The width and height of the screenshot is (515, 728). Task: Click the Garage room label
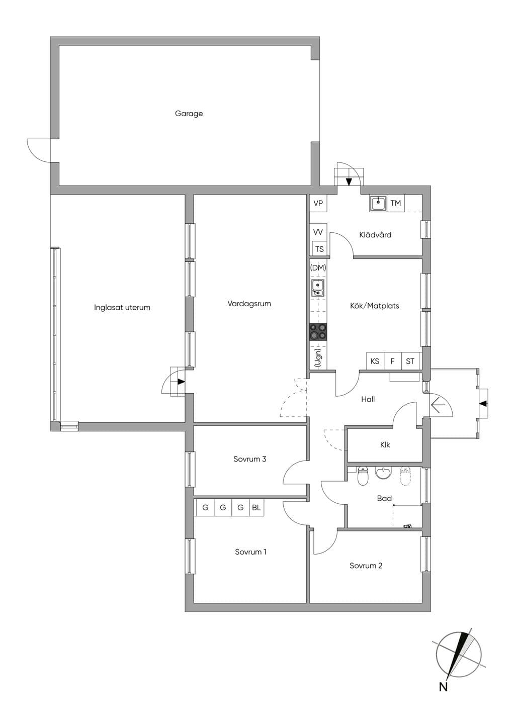(189, 114)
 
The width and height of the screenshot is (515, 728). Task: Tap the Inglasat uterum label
(122, 308)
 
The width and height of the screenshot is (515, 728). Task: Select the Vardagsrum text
(249, 304)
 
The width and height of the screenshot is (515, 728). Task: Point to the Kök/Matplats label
(374, 306)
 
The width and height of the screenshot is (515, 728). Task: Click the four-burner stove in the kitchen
(318, 332)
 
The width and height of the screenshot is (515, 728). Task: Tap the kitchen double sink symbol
(318, 288)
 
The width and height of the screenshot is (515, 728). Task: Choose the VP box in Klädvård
(318, 203)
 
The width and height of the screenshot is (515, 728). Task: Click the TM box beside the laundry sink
(395, 203)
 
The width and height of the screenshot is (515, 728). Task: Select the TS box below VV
(319, 249)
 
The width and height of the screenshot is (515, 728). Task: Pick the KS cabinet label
(375, 361)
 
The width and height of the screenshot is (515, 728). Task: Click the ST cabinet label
(410, 361)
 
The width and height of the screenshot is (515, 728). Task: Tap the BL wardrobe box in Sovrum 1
(256, 507)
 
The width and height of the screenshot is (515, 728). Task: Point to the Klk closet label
(385, 445)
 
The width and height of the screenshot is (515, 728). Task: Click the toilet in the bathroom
(362, 477)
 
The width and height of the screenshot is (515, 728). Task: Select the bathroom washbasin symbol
(384, 473)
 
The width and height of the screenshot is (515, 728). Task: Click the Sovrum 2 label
(366, 566)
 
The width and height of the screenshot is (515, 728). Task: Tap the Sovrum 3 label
(249, 459)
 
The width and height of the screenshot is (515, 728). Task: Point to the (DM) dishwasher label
(318, 268)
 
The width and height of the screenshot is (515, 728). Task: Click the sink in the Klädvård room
(378, 204)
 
